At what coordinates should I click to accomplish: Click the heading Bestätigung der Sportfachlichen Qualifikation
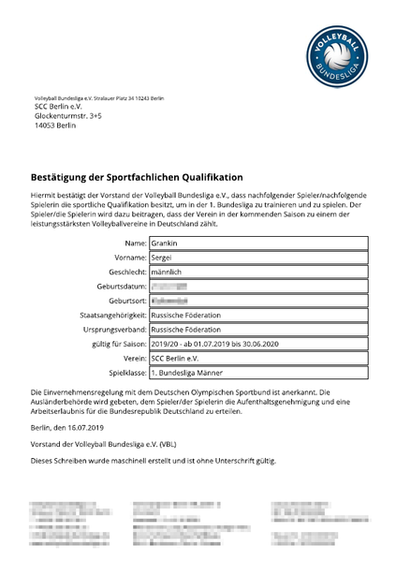(x=137, y=177)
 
